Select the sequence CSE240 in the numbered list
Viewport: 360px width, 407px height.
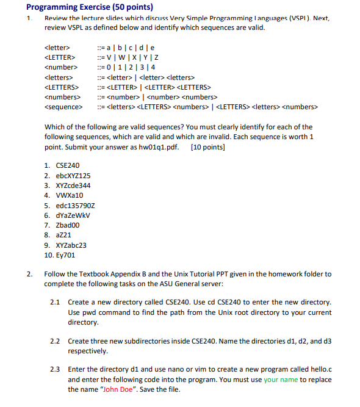coord(67,165)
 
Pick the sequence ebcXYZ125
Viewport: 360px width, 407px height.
coord(73,175)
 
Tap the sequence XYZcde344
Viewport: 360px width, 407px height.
coord(73,185)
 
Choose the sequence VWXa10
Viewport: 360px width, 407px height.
coord(70,195)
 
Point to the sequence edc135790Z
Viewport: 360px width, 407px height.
coord(75,205)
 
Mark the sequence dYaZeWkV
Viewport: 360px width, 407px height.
coord(72,215)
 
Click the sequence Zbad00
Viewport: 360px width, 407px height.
coord(68,225)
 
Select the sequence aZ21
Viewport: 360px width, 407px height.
coord(64,235)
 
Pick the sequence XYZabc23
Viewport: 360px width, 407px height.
coord(71,245)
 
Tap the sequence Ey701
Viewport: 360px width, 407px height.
coord(65,255)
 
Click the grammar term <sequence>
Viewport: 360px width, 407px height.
coord(63,107)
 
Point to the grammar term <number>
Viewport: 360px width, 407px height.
coord(60,67)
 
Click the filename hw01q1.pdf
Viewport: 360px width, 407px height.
coord(158,146)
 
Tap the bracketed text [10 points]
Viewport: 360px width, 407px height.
coord(207,146)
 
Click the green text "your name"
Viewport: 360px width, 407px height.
coord(281,380)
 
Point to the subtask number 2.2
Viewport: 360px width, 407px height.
coord(55,342)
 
